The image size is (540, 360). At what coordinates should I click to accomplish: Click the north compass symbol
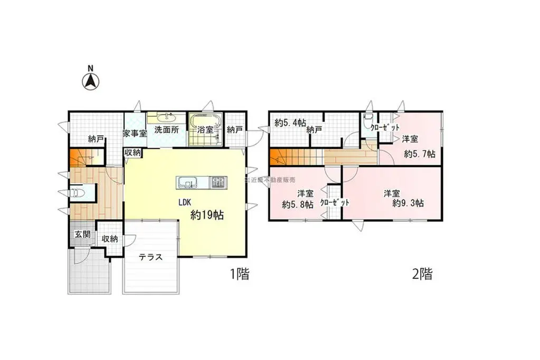click(91, 81)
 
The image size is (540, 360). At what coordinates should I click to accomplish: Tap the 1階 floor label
click(239, 274)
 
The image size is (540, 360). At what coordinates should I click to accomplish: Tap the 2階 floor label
click(422, 274)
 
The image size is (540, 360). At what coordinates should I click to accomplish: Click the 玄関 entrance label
click(82, 234)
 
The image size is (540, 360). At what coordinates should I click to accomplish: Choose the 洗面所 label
click(166, 129)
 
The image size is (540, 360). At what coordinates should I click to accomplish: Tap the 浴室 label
click(205, 129)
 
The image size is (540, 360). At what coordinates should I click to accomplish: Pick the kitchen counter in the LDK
click(201, 183)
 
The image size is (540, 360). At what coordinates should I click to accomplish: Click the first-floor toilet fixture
click(77, 193)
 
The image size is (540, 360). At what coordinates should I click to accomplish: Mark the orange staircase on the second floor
click(287, 157)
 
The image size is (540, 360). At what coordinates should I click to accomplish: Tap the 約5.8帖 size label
click(298, 204)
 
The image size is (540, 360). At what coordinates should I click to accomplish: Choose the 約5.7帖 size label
click(420, 154)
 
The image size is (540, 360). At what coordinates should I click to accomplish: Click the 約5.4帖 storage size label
click(290, 123)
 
